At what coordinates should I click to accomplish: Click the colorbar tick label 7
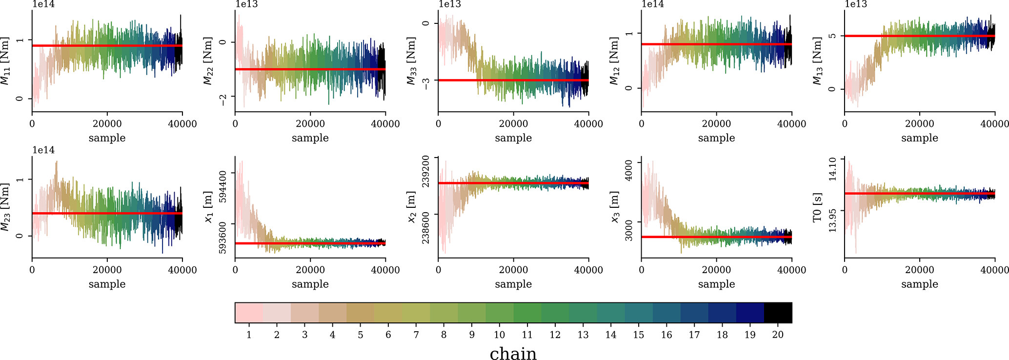click(416, 335)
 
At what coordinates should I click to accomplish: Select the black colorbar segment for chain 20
click(778, 313)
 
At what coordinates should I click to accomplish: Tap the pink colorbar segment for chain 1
click(249, 313)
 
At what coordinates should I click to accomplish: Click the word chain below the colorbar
click(513, 354)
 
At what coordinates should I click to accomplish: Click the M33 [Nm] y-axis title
click(412, 60)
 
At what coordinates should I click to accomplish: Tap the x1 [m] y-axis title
click(209, 207)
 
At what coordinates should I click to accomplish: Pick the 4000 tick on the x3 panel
click(629, 170)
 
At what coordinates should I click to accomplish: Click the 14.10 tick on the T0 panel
click(832, 168)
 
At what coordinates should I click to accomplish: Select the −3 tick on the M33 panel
click(426, 83)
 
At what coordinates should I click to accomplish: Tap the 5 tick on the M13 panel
click(832, 36)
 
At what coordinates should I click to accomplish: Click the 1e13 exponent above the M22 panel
click(246, 4)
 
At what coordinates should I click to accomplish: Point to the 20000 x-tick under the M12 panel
click(716, 124)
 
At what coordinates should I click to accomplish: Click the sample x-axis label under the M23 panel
click(107, 284)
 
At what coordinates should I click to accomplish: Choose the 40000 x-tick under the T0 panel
click(995, 270)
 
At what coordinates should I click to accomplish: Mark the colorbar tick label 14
click(611, 335)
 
